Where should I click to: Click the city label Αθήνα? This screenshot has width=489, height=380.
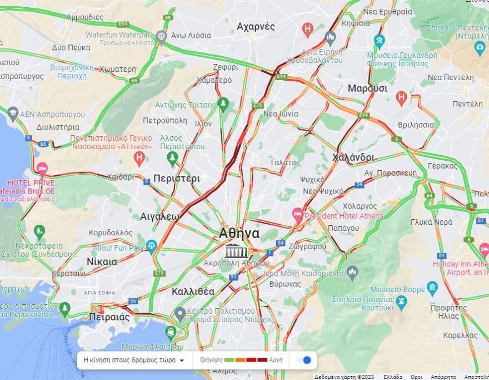tap(239, 233)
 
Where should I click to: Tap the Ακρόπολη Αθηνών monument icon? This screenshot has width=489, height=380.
tap(236, 251)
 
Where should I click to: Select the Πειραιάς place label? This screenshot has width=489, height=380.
tap(109, 317)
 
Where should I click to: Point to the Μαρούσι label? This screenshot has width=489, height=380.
tap(367, 88)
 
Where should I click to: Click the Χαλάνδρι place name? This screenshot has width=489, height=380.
tap(353, 157)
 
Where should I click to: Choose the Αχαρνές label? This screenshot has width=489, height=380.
tap(256, 27)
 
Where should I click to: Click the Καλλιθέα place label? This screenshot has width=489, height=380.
tap(193, 291)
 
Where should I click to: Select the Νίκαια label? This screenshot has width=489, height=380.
tap(102, 261)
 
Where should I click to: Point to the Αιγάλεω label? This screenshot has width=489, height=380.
tap(159, 216)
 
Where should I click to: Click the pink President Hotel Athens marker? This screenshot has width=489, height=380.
tap(298, 214)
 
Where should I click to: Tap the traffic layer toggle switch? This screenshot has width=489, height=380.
tap(304, 360)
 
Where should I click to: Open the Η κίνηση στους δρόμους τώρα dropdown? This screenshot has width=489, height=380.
tap(133, 360)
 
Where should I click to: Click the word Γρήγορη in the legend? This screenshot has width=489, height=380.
tap(211, 360)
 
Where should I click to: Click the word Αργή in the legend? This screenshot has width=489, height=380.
tap(276, 360)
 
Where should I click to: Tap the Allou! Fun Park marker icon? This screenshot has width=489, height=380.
tap(151, 245)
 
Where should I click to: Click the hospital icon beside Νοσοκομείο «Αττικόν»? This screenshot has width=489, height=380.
tap(139, 158)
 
